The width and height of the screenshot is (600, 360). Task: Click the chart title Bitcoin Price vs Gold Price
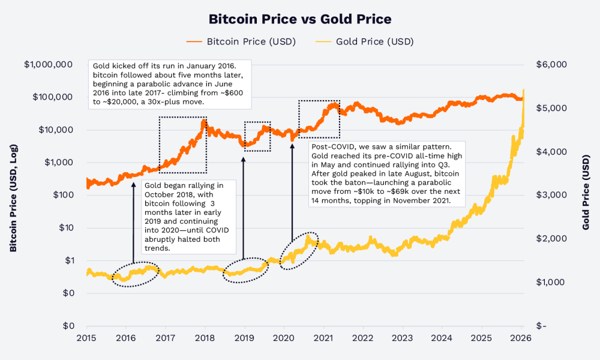(300, 19)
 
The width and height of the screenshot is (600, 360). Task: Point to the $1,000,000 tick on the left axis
(49, 65)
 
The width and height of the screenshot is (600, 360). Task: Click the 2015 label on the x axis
(87, 338)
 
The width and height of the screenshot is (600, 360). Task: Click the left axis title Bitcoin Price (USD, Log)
(13, 195)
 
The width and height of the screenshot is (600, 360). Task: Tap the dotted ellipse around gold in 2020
(299, 250)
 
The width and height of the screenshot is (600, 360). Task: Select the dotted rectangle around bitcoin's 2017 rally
(183, 145)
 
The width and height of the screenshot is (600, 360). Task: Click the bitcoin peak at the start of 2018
(204, 121)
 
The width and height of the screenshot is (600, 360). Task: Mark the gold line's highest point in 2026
(524, 91)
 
